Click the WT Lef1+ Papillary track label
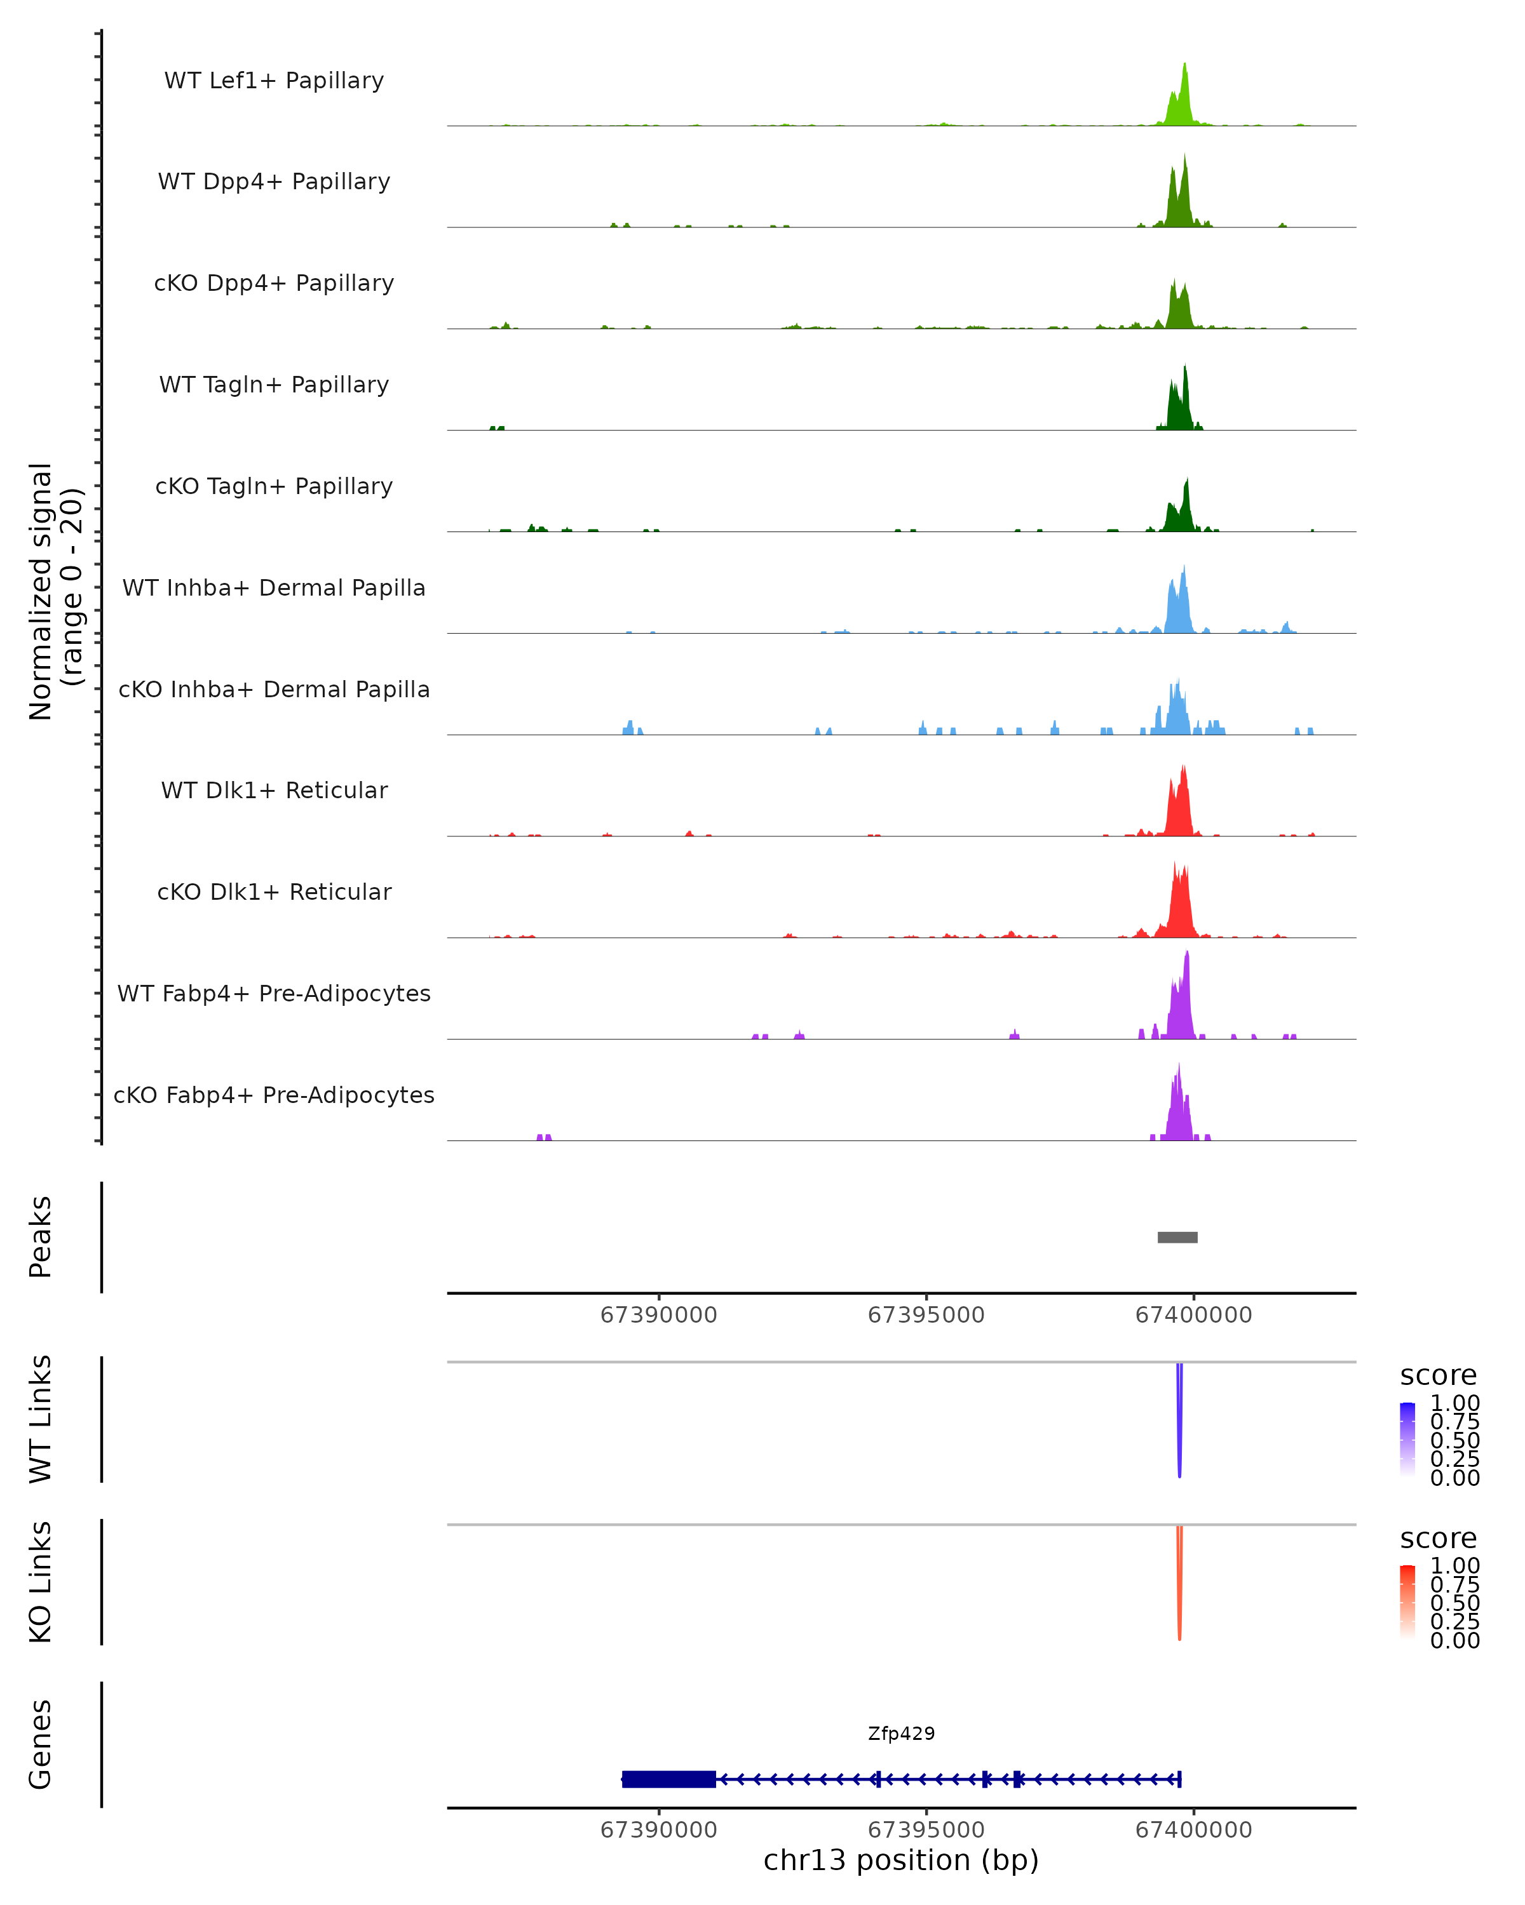(274, 81)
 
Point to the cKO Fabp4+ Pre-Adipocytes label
(274, 1095)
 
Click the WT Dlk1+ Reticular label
(274, 790)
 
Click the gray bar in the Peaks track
(1177, 1237)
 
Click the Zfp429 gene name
(901, 1734)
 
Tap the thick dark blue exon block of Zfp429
(668, 1779)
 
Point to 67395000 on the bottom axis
(926, 1830)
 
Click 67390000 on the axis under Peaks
(659, 1315)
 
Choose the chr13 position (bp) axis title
(901, 1860)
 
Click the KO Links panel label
(41, 1582)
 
